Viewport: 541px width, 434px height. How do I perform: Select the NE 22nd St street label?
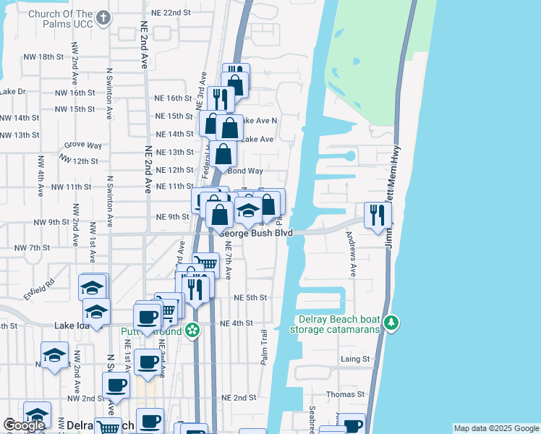coord(172,13)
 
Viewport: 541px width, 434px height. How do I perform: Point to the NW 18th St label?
coord(43,57)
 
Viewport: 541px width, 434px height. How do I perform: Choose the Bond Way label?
coord(243,171)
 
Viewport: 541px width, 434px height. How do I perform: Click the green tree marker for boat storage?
coord(391,322)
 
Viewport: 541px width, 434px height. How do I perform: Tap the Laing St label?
coord(356,359)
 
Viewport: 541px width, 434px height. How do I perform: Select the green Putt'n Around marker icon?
coord(192,331)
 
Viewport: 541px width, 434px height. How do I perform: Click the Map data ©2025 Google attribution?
coord(496,428)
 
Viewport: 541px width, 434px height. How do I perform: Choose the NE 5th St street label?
coord(250,298)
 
